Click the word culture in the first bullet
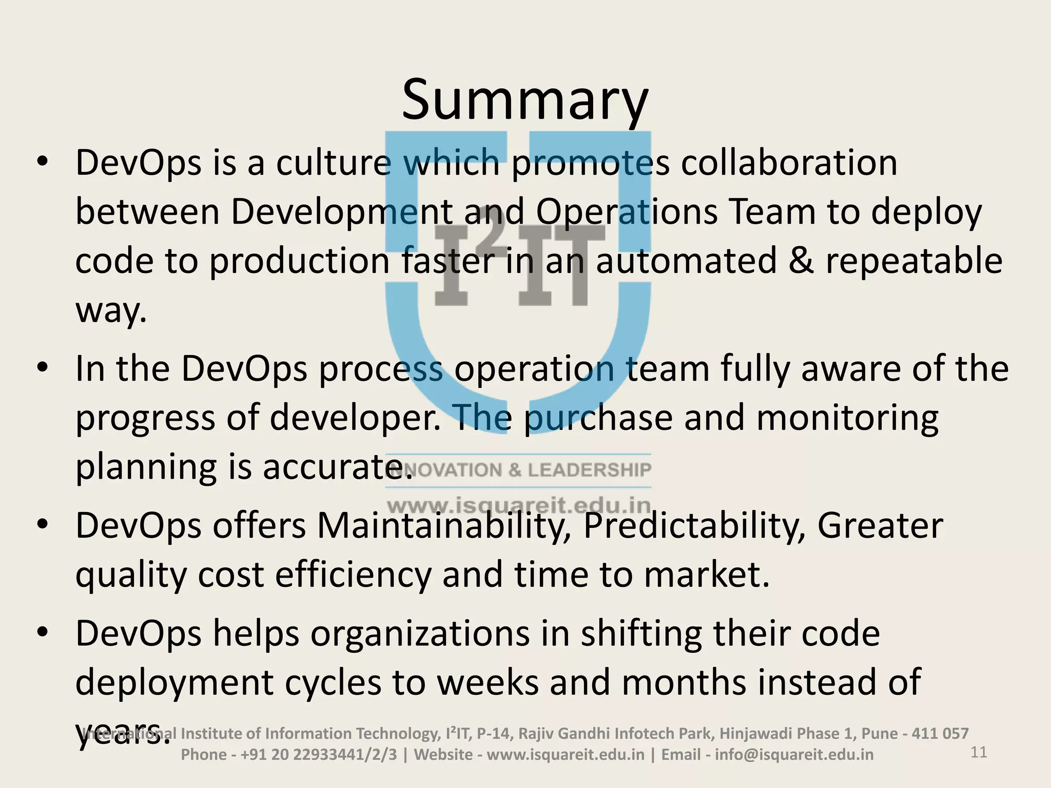tap(333, 163)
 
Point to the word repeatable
tap(913, 261)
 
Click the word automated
tap(686, 261)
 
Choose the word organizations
tap(420, 634)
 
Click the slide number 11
tap(979, 753)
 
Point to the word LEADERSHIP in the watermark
tap(590, 470)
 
